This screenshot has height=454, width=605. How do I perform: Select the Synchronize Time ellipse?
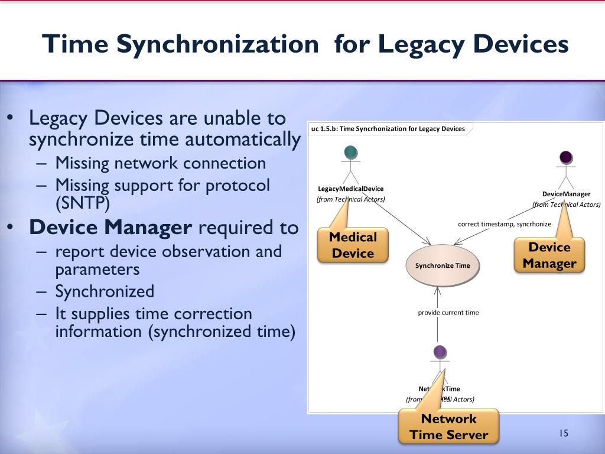(x=443, y=265)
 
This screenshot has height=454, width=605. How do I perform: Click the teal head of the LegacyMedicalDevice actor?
(x=350, y=151)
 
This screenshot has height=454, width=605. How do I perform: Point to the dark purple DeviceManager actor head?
(x=565, y=157)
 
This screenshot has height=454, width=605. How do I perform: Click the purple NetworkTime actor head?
(x=440, y=352)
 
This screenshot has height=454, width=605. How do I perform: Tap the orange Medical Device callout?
(x=353, y=245)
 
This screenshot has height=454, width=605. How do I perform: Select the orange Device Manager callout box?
(x=549, y=255)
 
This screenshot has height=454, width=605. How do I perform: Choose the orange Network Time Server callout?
(x=448, y=427)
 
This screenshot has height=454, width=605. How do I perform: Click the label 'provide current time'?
(x=448, y=312)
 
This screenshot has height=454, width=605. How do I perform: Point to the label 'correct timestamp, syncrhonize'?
(x=505, y=224)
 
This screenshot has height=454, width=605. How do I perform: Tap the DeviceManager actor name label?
(x=566, y=194)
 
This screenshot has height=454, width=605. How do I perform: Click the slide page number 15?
(x=563, y=434)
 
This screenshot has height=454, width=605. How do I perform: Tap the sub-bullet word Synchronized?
(x=105, y=291)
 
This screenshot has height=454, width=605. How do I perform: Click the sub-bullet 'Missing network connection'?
(x=161, y=163)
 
